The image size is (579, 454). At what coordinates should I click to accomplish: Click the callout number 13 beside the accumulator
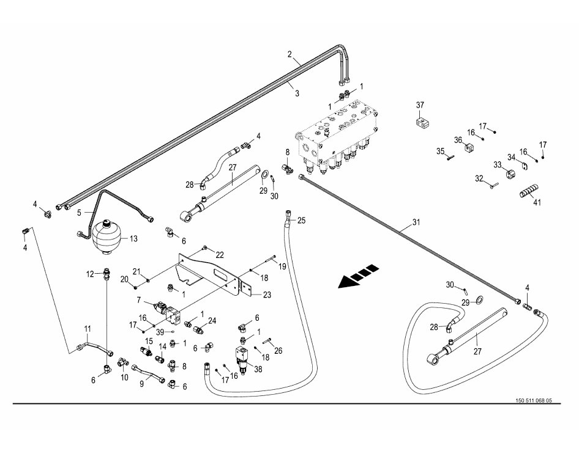tap(133, 238)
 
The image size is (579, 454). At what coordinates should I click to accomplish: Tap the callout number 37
tap(420, 105)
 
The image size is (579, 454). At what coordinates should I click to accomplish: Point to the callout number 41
tap(537, 202)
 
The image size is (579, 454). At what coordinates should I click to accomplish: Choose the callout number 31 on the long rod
tap(416, 222)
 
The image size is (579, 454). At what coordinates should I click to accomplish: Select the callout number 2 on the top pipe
tap(290, 54)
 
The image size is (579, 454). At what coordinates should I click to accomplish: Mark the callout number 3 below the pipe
tap(296, 93)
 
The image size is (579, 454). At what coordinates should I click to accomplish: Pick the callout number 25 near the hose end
tap(301, 220)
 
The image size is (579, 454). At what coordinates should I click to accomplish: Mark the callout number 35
tap(439, 151)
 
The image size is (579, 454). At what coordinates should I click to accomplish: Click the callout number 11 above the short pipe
tap(87, 328)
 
